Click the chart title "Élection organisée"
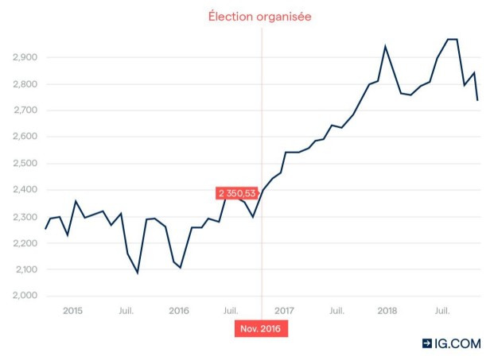(x=259, y=17)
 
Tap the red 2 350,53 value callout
(x=237, y=193)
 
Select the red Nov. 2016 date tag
(x=261, y=329)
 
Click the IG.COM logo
(x=452, y=343)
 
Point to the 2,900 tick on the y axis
(x=25, y=57)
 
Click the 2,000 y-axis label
(x=25, y=296)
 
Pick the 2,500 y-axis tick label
(x=25, y=164)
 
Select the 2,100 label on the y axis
(x=26, y=269)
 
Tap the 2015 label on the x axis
(x=72, y=311)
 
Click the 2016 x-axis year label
(x=179, y=311)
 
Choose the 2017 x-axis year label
(x=284, y=311)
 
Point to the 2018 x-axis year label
(x=387, y=311)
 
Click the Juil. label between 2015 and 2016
(x=126, y=311)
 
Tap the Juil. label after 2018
(x=442, y=311)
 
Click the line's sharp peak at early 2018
(x=385, y=47)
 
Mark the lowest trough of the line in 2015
(x=138, y=273)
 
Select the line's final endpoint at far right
(x=477, y=100)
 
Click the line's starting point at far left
(x=45, y=229)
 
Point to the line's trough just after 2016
(x=181, y=268)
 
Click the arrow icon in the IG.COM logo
(x=427, y=343)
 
